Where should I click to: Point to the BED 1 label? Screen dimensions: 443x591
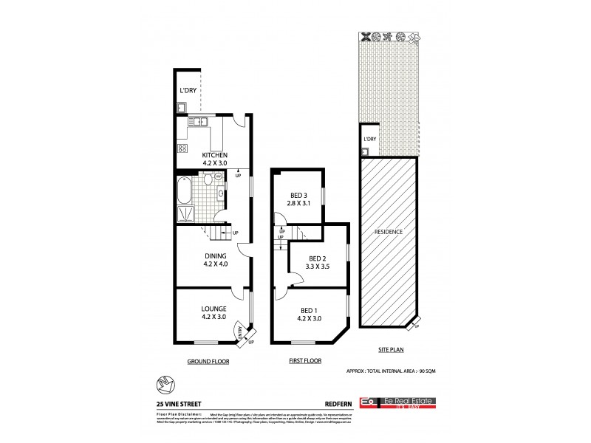pyautogui.click(x=309, y=310)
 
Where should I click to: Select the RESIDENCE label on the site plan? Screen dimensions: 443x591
pyautogui.click(x=389, y=232)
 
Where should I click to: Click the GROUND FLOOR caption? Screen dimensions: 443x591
pyautogui.click(x=209, y=362)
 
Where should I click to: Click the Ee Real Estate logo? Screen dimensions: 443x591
pyautogui.click(x=398, y=402)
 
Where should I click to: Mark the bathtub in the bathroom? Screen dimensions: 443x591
pyautogui.click(x=183, y=190)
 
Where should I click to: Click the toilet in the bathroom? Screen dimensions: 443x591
pyautogui.click(x=209, y=179)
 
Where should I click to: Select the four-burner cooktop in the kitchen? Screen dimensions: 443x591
pyautogui.click(x=182, y=149)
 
